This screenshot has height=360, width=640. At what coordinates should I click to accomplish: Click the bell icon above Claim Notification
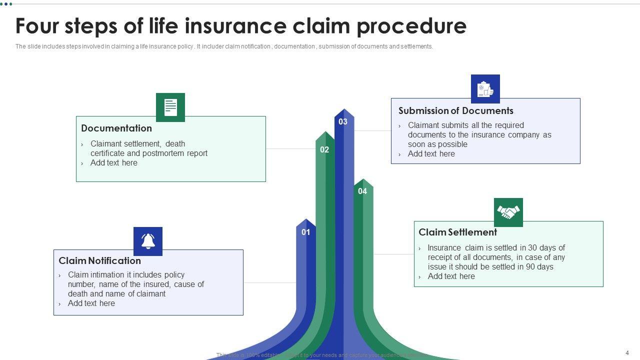tap(148, 241)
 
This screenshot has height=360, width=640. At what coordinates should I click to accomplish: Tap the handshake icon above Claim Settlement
tap(508, 212)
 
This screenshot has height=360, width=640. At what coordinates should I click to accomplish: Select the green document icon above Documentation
tap(170, 107)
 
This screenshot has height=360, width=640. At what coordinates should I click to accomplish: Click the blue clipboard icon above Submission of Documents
tap(485, 89)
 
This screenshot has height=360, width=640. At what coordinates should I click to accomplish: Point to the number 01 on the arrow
tap(305, 232)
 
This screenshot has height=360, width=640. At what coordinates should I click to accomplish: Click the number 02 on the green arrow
tap(324, 149)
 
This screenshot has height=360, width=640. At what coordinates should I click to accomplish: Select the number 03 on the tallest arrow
tap(343, 121)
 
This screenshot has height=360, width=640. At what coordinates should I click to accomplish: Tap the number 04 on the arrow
tap(362, 191)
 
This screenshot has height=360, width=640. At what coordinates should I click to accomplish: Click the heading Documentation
tap(116, 128)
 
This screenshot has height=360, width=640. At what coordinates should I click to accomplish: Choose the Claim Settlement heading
tap(457, 232)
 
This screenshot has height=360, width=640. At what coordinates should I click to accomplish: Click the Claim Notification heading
tap(99, 260)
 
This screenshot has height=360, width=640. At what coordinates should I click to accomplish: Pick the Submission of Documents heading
tap(455, 110)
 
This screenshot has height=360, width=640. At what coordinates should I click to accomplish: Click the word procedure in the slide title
tap(411, 26)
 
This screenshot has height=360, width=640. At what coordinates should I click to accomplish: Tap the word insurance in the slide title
tap(235, 26)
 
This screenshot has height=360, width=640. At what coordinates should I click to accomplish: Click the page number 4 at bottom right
tap(627, 352)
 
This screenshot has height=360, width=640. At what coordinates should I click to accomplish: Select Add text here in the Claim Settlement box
tap(451, 276)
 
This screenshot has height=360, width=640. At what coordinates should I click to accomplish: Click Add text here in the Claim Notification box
tap(91, 303)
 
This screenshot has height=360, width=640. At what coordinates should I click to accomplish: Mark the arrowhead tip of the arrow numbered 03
tap(344, 109)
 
